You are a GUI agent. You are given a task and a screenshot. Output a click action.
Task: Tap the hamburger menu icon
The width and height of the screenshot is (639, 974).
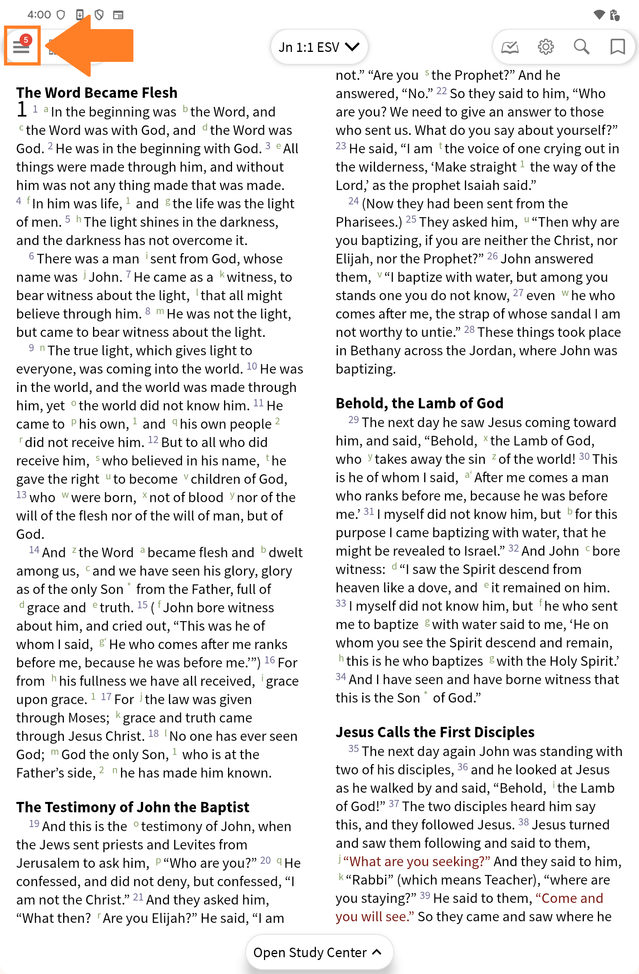tap(21, 47)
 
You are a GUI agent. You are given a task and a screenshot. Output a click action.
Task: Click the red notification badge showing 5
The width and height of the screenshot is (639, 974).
tap(26, 40)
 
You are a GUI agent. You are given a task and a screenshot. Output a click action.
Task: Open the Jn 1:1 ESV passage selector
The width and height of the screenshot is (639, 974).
tap(319, 47)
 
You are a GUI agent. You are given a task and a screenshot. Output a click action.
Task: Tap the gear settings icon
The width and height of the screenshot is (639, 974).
tap(546, 47)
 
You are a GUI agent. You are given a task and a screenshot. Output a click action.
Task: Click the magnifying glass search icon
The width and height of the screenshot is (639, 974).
tap(581, 47)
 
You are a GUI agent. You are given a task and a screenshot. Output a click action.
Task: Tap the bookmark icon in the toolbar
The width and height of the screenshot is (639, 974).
tap(617, 47)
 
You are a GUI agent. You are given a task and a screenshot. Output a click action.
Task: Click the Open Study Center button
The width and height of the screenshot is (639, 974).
tap(319, 952)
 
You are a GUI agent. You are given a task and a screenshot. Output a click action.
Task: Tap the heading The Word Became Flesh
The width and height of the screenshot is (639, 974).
tap(97, 93)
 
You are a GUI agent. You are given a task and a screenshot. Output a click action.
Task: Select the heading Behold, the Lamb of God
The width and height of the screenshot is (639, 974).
tap(419, 403)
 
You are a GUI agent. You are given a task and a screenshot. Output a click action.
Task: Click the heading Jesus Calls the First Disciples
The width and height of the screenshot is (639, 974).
tap(435, 732)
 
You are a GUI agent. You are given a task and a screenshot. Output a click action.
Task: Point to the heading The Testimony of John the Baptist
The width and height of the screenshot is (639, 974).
tap(133, 807)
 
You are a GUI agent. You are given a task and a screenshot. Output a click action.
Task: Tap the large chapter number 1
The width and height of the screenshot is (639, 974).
tap(22, 110)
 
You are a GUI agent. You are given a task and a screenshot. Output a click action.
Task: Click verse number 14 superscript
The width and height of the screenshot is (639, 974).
tap(34, 550)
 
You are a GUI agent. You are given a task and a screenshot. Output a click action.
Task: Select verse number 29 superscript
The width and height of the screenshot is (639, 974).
tap(353, 420)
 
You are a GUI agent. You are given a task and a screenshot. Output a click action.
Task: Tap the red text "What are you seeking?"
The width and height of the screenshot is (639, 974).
tap(417, 861)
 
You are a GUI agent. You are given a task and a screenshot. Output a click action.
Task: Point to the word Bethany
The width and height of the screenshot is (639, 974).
tap(376, 351)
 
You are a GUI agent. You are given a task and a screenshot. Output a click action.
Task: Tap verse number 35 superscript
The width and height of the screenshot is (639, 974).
tap(353, 749)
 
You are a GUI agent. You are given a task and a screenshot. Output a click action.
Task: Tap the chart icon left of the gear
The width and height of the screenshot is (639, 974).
tap(510, 47)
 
